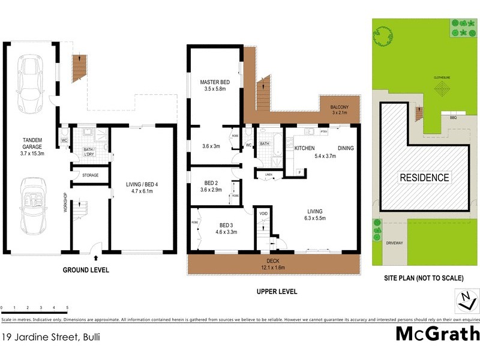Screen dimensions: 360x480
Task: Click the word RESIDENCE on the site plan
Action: pos(424,178)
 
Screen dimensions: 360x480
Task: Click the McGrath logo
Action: pos(437,334)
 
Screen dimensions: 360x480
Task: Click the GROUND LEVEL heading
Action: pos(86,271)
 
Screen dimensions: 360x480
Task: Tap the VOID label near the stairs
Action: pos(263,214)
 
